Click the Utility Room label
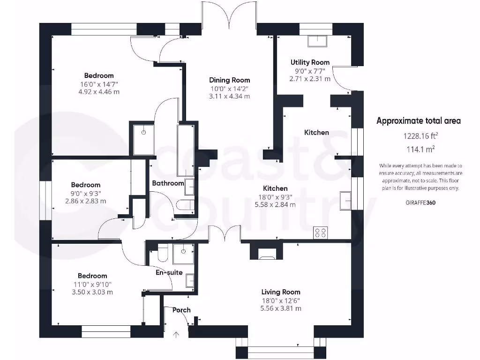pyautogui.click(x=310, y=62)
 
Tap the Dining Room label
pyautogui.click(x=230, y=80)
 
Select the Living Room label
pyautogui.click(x=281, y=292)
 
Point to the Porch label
pyautogui.click(x=181, y=310)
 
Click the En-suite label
pyautogui.click(x=169, y=272)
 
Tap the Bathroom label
pyautogui.click(x=168, y=183)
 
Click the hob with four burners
pyautogui.click(x=321, y=232)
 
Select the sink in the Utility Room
pyautogui.click(x=317, y=41)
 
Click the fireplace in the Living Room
pyautogui.click(x=267, y=254)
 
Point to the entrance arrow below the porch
pyautogui.click(x=176, y=335)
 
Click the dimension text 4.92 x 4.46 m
pyautogui.click(x=99, y=92)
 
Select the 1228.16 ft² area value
pyautogui.click(x=420, y=136)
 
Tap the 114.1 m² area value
pyautogui.click(x=420, y=150)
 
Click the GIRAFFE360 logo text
pyautogui.click(x=420, y=202)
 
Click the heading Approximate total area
pyautogui.click(x=419, y=121)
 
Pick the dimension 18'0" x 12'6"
pyautogui.click(x=281, y=301)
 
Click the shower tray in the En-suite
pyautogui.click(x=183, y=254)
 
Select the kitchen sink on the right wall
pyautogui.click(x=345, y=201)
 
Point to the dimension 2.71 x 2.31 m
pyautogui.click(x=310, y=79)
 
